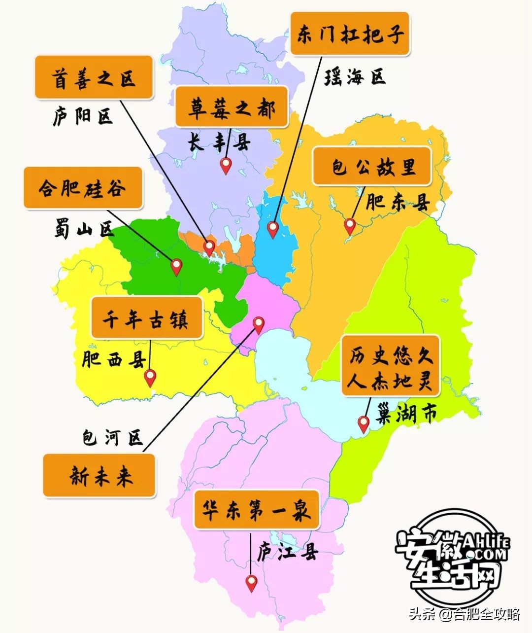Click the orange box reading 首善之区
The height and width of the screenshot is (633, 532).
tap(94, 78)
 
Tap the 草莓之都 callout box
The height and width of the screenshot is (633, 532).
tap(232, 107)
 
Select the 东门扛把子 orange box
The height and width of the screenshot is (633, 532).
tap(350, 34)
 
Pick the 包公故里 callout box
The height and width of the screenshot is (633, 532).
tap(372, 166)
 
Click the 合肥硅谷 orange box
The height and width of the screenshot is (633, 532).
tap(83, 188)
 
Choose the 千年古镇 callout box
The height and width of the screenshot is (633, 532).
tap(146, 318)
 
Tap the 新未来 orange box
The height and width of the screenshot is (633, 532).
tap(100, 476)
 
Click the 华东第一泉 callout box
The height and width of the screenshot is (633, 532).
tap(256, 510)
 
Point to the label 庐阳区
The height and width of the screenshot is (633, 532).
tap(83, 116)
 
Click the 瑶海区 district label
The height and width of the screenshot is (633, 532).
tap(355, 77)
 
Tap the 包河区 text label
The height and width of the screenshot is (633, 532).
tap(112, 437)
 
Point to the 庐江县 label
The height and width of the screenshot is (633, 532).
tap(288, 552)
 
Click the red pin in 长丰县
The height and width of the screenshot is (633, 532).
tap(226, 165)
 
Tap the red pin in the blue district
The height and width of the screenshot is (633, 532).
tap(273, 229)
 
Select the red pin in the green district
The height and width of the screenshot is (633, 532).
tap(176, 266)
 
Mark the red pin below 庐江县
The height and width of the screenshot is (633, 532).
tap(252, 583)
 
